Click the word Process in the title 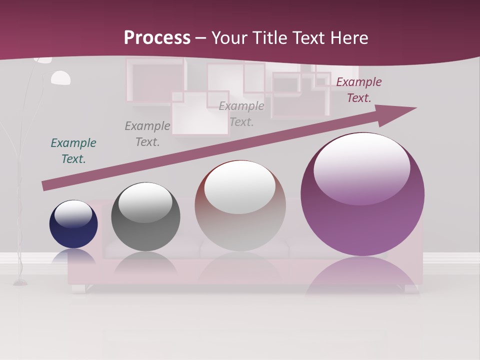(x=157, y=38)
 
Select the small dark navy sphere (x=73, y=224)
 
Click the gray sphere (x=145, y=217)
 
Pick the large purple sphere (x=362, y=194)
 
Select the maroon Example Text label (x=359, y=90)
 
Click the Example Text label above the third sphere (x=241, y=113)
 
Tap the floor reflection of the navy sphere (x=73, y=256)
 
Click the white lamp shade (x=60, y=78)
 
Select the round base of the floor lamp (x=20, y=283)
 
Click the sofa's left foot (x=78, y=288)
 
